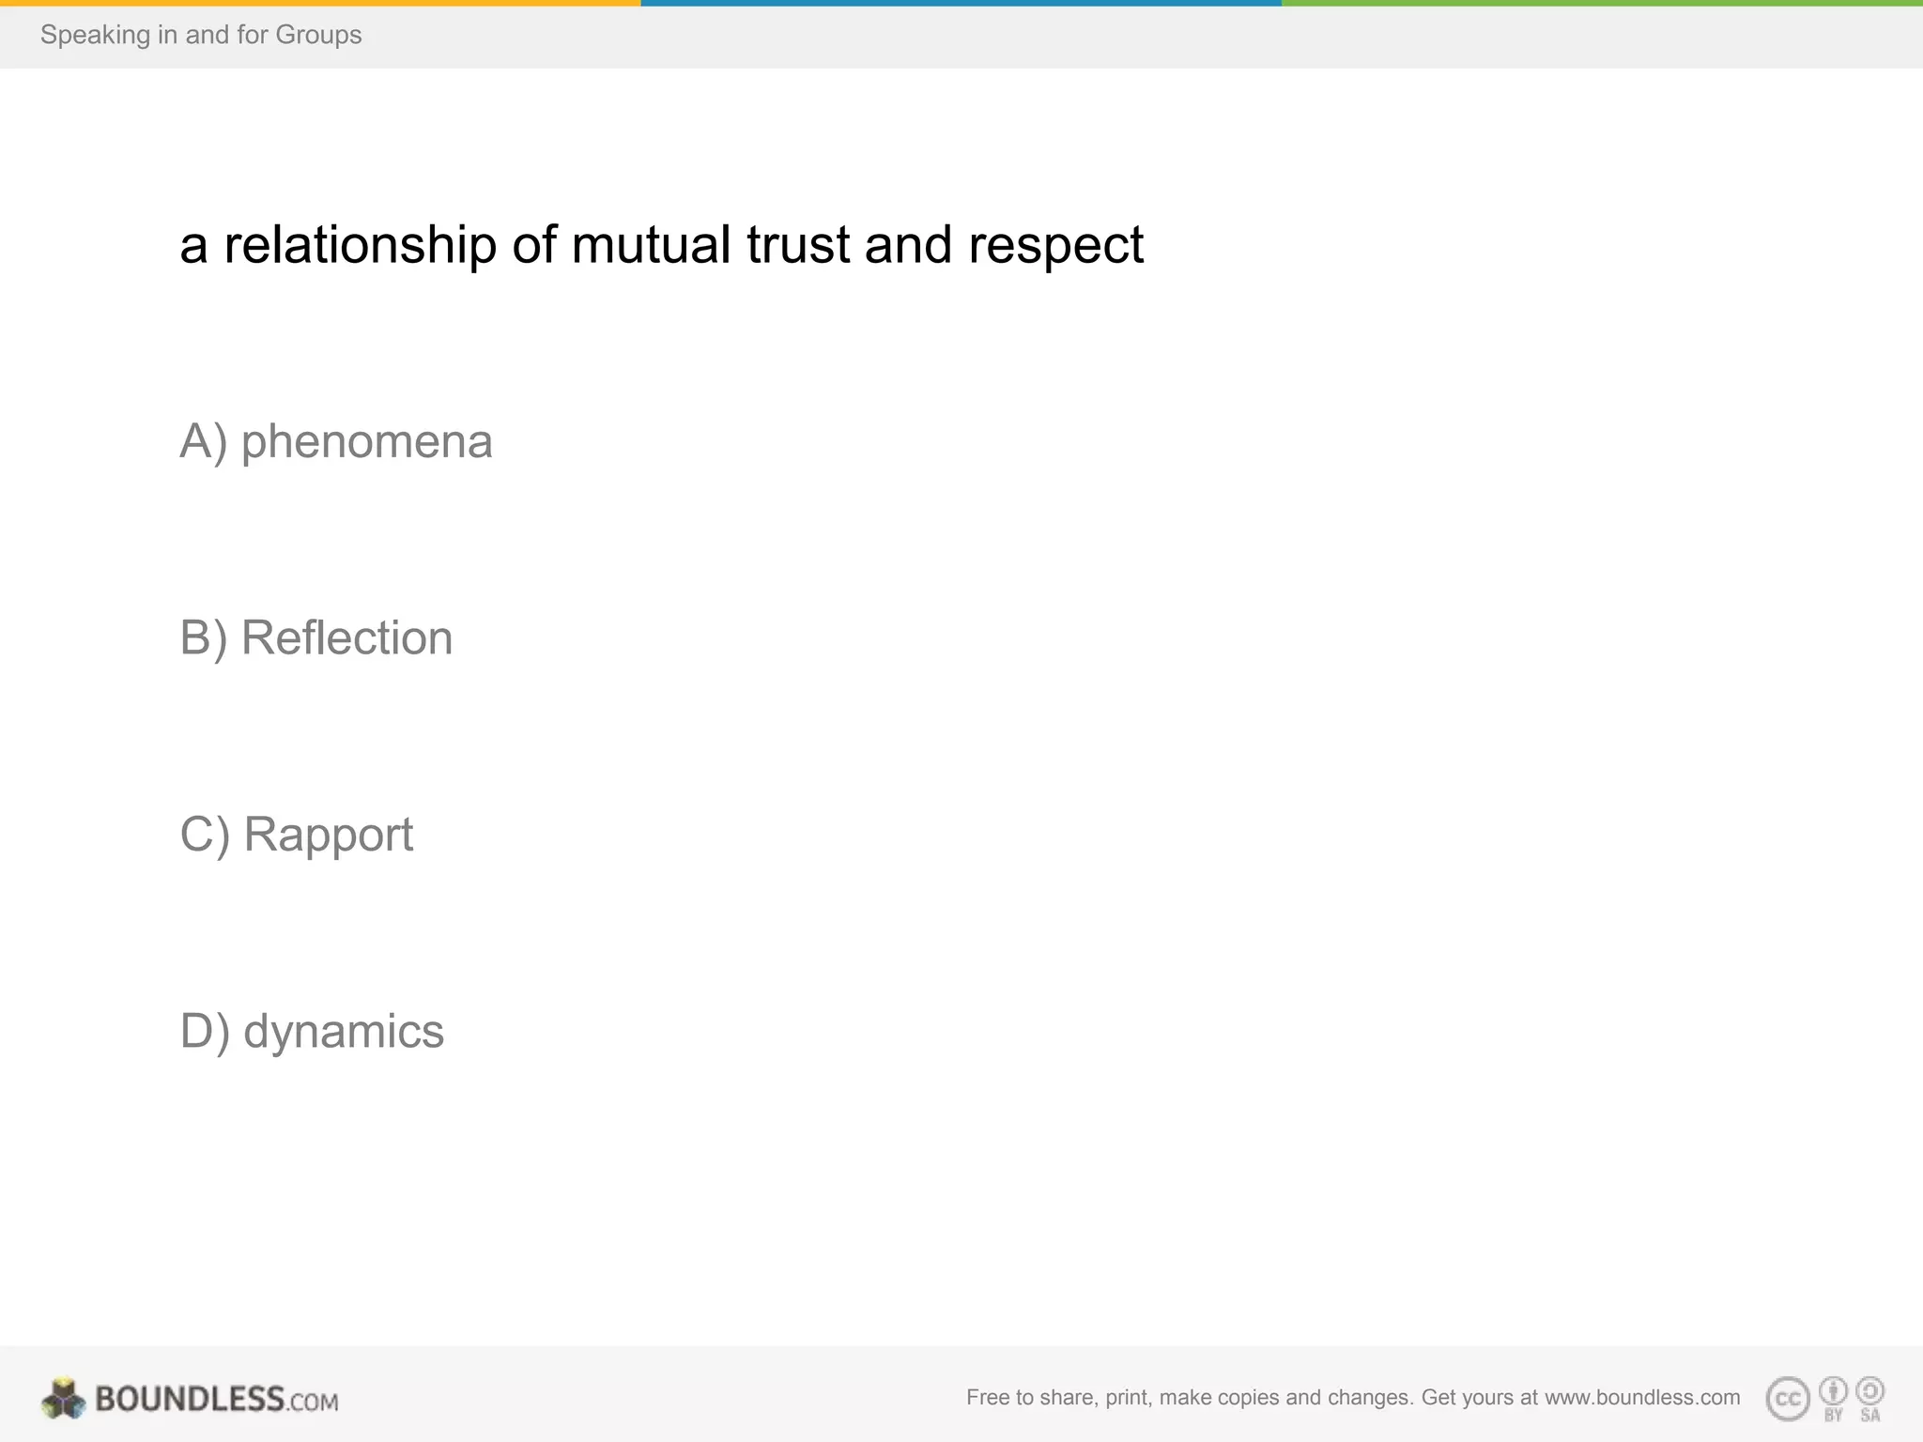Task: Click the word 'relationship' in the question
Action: tap(360, 246)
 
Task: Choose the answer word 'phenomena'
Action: tap(366, 442)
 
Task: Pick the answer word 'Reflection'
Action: tap(346, 638)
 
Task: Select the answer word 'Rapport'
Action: tap(328, 836)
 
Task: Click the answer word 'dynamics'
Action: tap(343, 1032)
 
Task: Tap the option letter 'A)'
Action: tap(204, 442)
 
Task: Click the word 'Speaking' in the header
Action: tap(95, 35)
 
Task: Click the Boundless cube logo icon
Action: tap(64, 1399)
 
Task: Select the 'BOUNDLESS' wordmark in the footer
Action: tap(190, 1399)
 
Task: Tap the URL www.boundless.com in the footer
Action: tap(1642, 1397)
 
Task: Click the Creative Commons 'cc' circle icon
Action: tap(1788, 1399)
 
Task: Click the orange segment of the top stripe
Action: tap(319, 3)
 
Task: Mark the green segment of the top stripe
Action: tap(1602, 3)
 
